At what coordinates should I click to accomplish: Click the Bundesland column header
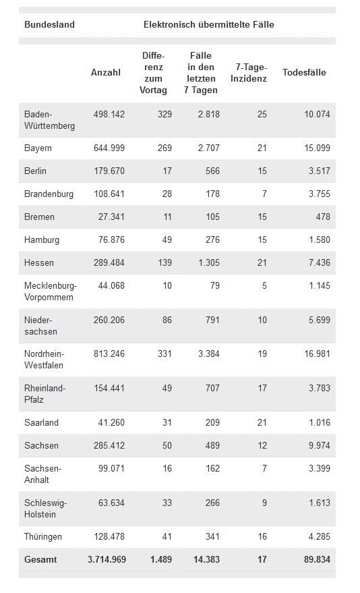point(49,24)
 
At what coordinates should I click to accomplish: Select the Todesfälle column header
point(304,73)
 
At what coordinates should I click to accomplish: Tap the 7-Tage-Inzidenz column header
point(249,73)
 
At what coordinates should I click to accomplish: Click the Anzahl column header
point(106,73)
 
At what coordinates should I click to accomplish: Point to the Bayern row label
point(38,148)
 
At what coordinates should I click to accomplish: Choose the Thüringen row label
point(42,536)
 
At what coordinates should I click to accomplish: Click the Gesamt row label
point(40,559)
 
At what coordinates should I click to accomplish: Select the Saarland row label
point(41,422)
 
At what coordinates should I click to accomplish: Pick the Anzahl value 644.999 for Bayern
point(109,148)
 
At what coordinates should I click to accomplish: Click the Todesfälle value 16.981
point(318,354)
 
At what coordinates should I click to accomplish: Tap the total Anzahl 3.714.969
point(107,559)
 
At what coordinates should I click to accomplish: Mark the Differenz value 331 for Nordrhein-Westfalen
point(164,354)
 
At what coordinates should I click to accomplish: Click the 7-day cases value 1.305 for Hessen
point(209,262)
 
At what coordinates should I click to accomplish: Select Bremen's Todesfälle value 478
point(323,217)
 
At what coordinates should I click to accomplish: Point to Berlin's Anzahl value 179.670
point(109,171)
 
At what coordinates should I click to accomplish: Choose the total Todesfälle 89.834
point(317,559)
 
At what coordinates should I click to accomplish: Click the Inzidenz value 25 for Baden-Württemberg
point(262,114)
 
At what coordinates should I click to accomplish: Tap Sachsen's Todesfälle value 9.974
point(319,445)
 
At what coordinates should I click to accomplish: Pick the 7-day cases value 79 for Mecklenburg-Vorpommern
point(215,285)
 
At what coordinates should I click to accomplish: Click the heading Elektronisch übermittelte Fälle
point(209,24)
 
